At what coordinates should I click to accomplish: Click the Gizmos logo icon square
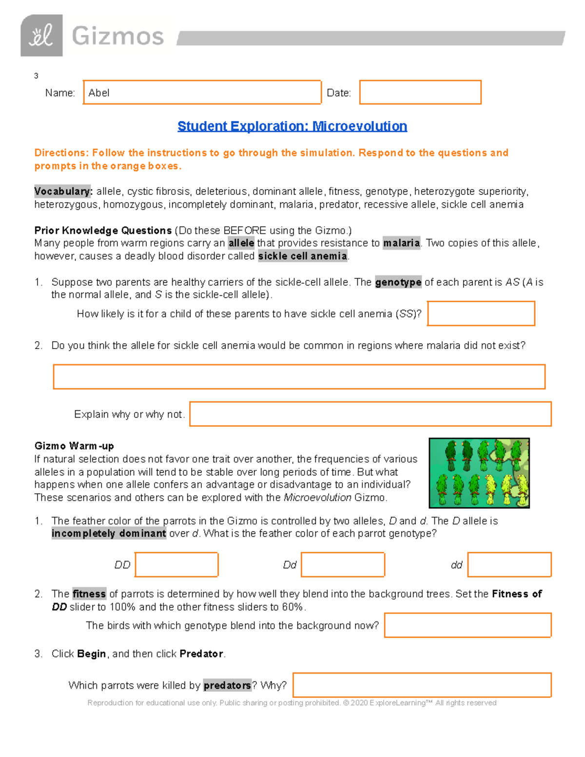[x=41, y=36]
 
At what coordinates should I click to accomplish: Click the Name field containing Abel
[x=202, y=93]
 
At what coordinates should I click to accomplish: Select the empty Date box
[x=420, y=93]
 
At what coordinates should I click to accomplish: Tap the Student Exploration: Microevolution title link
[x=292, y=126]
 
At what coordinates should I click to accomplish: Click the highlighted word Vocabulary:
[x=63, y=191]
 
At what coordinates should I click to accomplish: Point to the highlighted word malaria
[x=401, y=243]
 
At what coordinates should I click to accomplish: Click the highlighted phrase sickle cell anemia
[x=302, y=256]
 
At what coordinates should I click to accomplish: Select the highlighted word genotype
[x=398, y=282]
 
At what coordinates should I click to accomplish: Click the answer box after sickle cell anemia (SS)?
[x=481, y=313]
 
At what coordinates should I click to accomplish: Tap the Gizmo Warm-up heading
[x=74, y=446]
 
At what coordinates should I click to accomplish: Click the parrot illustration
[x=479, y=473]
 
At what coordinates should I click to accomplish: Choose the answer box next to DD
[x=176, y=564]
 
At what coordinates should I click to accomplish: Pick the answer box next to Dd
[x=343, y=564]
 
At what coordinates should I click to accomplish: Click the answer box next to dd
[x=509, y=564]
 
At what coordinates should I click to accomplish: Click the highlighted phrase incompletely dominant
[x=109, y=533]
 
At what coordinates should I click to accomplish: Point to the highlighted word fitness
[x=89, y=594]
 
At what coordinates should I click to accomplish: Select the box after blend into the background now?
[x=468, y=625]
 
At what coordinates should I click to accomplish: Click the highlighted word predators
[x=227, y=685]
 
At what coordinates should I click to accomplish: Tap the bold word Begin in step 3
[x=91, y=654]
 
